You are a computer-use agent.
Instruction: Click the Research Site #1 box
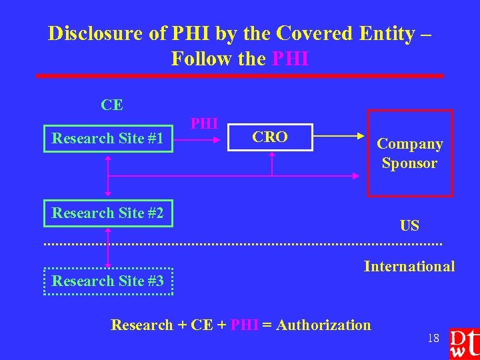(108, 139)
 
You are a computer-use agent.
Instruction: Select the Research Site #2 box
(108, 213)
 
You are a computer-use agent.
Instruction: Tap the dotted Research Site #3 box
(108, 281)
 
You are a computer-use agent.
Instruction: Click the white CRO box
(270, 137)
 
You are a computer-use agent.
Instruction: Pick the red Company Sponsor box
(409, 153)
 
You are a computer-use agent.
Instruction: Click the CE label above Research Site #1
(112, 105)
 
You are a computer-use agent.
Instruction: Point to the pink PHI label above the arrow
(204, 123)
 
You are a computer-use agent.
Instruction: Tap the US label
(409, 225)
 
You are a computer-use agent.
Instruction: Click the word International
(409, 267)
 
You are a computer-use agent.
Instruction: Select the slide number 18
(433, 338)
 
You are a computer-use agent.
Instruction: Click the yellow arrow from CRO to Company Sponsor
(340, 137)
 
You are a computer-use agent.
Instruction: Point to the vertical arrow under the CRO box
(272, 164)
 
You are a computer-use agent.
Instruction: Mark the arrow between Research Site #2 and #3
(108, 247)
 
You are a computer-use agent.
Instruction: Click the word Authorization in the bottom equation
(323, 325)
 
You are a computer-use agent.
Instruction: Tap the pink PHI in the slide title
(291, 59)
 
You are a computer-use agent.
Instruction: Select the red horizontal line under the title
(240, 76)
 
